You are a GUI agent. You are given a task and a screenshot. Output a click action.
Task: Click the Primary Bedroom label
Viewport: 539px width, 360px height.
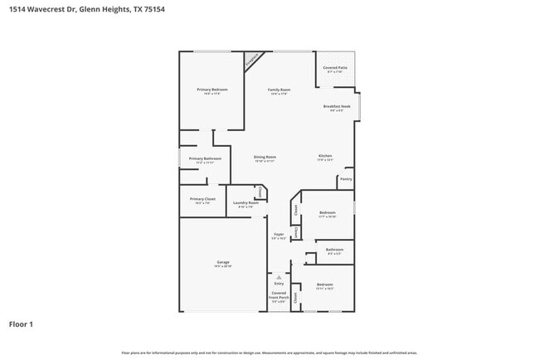(212, 90)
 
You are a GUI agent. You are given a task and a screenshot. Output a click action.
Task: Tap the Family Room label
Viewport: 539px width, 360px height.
(279, 90)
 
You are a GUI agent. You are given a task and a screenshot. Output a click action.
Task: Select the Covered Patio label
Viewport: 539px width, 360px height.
(335, 68)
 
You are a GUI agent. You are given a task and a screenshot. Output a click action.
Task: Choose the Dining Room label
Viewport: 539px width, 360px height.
(265, 157)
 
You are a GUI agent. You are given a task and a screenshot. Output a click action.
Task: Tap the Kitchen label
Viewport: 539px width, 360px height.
(325, 157)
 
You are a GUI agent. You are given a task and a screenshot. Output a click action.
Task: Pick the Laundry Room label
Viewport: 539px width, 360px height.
(246, 203)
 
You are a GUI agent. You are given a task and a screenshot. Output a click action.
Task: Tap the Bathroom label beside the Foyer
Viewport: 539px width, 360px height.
(334, 250)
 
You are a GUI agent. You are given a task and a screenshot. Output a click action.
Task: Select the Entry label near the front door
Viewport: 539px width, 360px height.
(279, 284)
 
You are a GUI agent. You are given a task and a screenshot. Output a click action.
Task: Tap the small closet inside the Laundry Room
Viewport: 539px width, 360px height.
(260, 192)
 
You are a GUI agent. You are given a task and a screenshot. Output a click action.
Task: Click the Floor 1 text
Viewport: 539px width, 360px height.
(21, 324)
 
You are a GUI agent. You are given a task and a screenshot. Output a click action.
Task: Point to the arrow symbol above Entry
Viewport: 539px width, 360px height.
(279, 277)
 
